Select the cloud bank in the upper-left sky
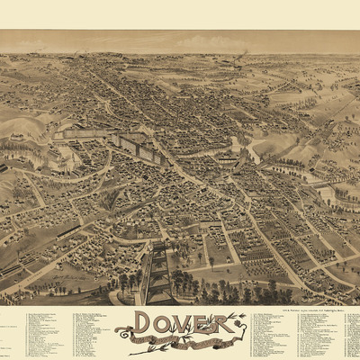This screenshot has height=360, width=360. (x=54, y=40)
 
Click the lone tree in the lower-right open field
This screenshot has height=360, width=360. (x=212, y=264)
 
